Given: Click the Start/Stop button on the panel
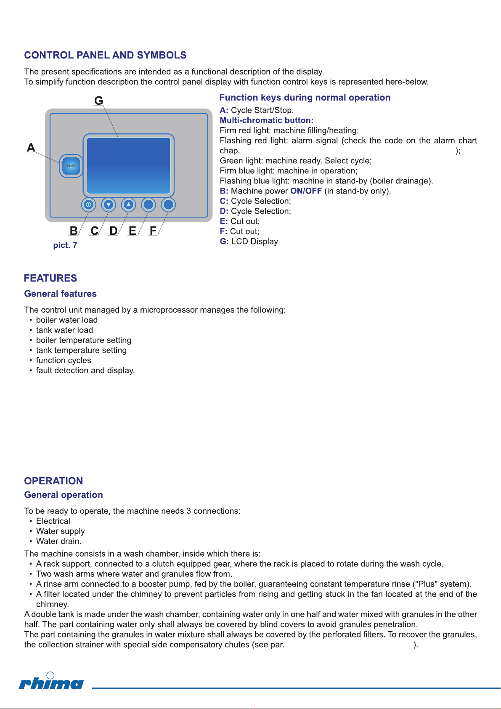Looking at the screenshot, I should tap(71, 166).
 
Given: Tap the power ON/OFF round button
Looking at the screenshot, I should tap(88, 205).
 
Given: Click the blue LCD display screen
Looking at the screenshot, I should tap(128, 165).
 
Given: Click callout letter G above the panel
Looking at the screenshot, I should tap(98, 101).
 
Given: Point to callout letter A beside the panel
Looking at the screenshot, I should tap(31, 148).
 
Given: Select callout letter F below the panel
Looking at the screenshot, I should tap(153, 231).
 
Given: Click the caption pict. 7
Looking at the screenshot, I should tap(65, 245).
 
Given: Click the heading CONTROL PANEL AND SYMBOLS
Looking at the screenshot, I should tap(105, 55).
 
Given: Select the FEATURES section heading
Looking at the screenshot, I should tap(50, 278).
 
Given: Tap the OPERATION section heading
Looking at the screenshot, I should tap(53, 481).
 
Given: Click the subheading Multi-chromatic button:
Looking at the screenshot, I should tap(266, 120).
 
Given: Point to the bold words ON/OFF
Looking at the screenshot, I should tap(306, 191).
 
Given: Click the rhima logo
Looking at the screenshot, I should tap(51, 682).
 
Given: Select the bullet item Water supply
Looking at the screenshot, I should tap(60, 531).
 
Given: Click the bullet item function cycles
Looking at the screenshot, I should tap(64, 361).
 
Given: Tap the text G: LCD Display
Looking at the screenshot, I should tap(249, 242).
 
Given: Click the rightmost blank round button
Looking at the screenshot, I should tap(168, 205).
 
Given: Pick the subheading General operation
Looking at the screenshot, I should tap(64, 495).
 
